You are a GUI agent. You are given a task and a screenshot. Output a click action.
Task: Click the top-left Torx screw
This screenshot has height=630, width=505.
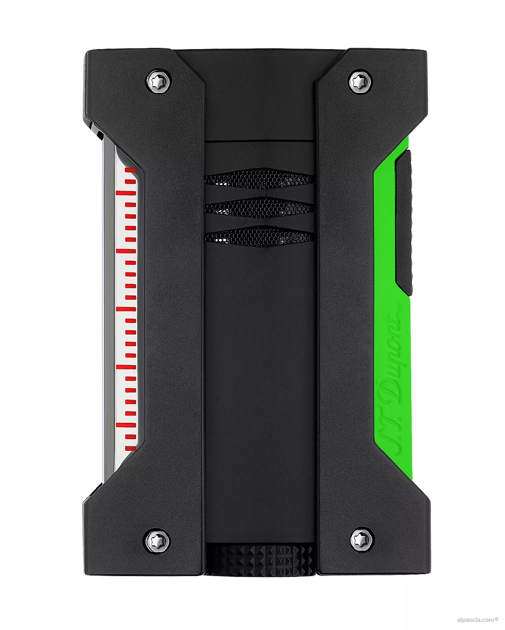[159, 81]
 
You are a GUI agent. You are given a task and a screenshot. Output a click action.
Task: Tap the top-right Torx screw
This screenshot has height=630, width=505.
[359, 81]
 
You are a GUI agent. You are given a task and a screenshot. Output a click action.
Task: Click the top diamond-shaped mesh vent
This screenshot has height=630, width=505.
[259, 179]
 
